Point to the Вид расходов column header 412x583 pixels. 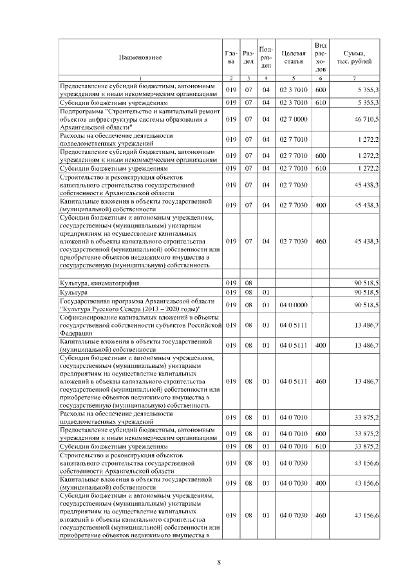[x=321, y=57]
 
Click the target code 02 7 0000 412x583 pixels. [x=293, y=120]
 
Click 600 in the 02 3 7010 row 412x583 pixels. [x=321, y=90]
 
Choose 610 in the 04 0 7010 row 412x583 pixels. [x=321, y=446]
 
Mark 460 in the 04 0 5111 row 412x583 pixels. [x=321, y=381]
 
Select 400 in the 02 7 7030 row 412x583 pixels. [x=321, y=205]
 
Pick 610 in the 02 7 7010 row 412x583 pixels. [x=321, y=167]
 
